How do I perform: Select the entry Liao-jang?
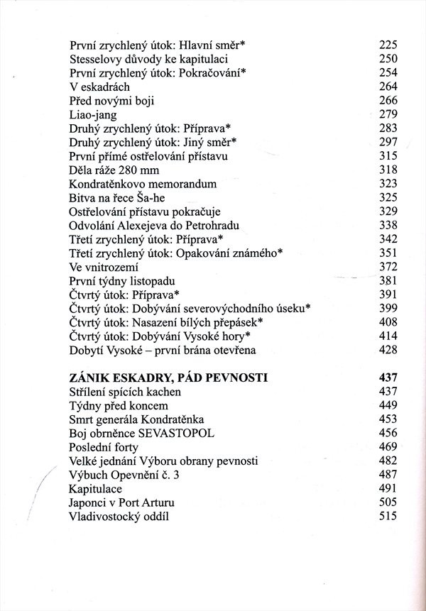93,114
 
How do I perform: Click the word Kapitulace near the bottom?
96,489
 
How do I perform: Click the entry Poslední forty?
104,447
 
